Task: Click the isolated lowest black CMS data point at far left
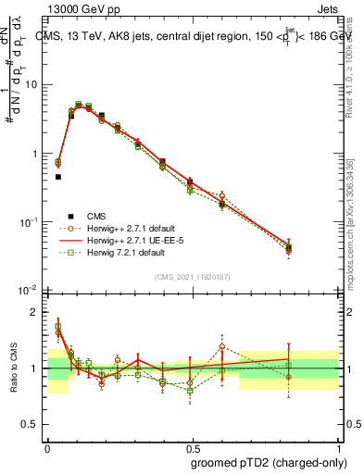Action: (x=57, y=176)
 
